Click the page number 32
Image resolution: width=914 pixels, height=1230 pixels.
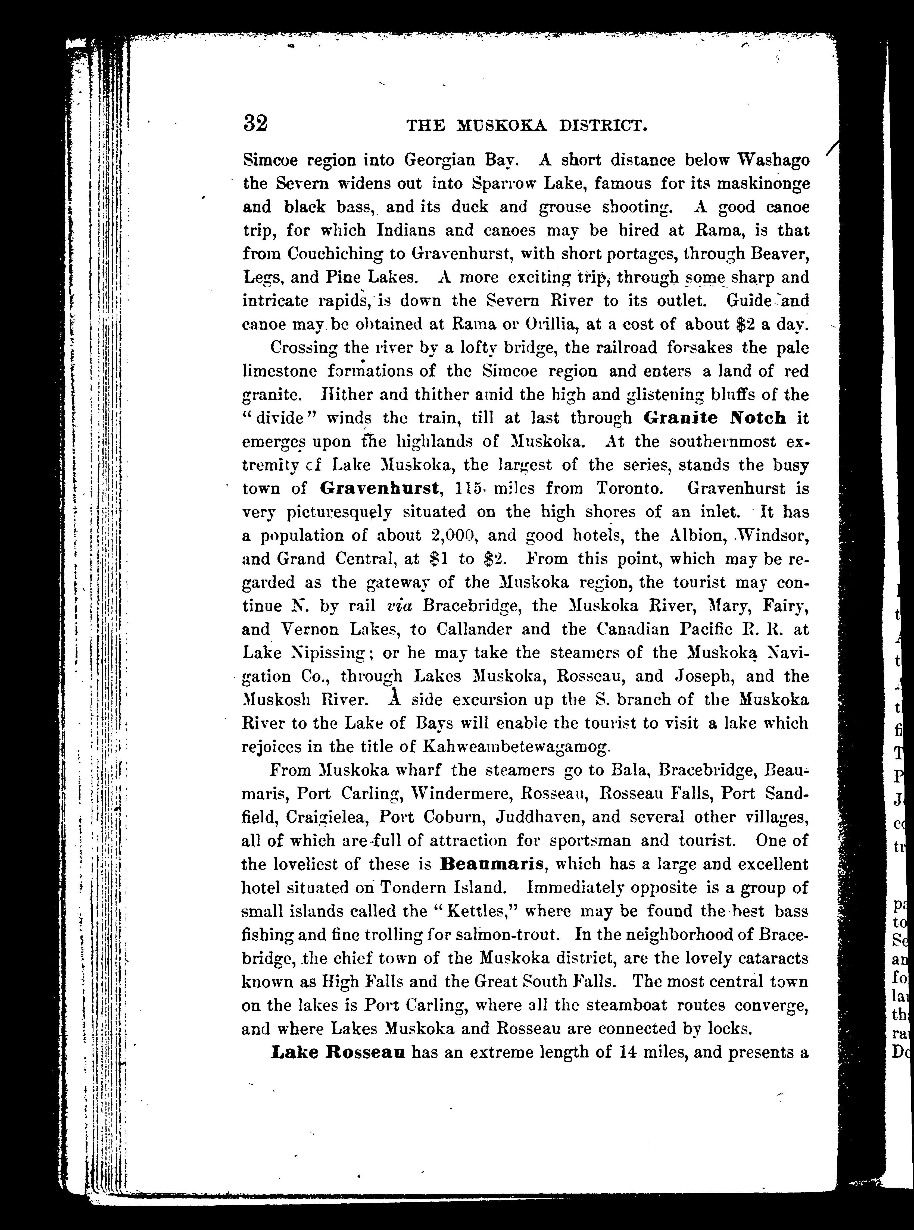click(255, 123)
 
